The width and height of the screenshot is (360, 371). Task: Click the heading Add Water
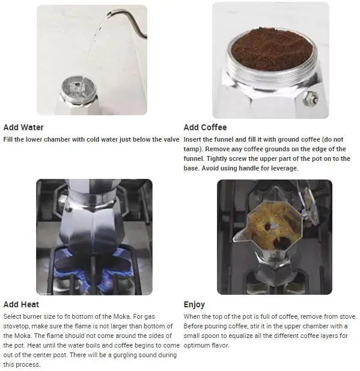pos(23,127)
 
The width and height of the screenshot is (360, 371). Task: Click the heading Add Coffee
pos(205,127)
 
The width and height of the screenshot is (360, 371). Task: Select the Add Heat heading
pos(21,304)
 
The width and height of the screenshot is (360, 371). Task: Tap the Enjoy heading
pos(194,304)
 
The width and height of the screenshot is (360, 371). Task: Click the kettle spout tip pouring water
pos(108,14)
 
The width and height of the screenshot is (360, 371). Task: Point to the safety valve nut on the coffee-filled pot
pos(311,98)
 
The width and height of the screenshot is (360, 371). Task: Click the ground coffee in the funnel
pos(272,49)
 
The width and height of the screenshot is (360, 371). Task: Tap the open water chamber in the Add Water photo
pos(78,89)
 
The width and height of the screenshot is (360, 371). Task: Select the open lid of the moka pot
pos(309,205)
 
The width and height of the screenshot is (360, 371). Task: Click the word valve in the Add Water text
pos(172,139)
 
